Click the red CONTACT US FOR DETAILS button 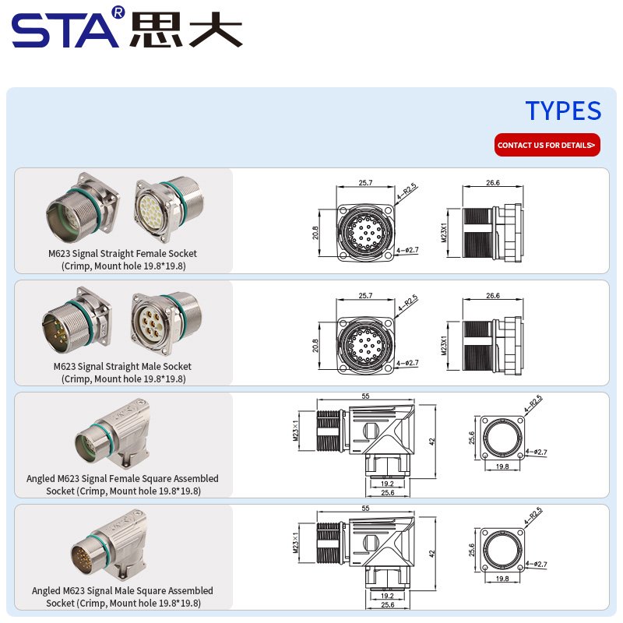(x=547, y=145)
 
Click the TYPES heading (x=563, y=111)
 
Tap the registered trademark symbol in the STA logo (x=118, y=12)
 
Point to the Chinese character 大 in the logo (x=216, y=29)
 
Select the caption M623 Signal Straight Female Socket (x=123, y=254)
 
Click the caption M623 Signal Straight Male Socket (x=122, y=366)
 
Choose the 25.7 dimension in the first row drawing (x=365, y=183)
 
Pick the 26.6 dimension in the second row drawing (x=493, y=296)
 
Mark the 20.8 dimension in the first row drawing (x=315, y=233)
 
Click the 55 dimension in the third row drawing (x=365, y=396)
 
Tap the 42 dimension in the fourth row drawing (x=432, y=554)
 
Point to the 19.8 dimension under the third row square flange (x=502, y=466)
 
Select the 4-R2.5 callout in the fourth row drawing (x=533, y=516)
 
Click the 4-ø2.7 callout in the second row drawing (x=407, y=363)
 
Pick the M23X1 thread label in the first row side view (x=444, y=232)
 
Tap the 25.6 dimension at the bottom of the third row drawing (x=387, y=493)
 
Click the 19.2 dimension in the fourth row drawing (x=387, y=596)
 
